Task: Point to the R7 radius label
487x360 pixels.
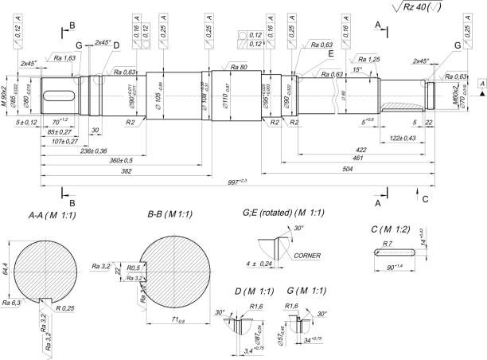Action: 388,242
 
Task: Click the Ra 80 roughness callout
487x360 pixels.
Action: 237,67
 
